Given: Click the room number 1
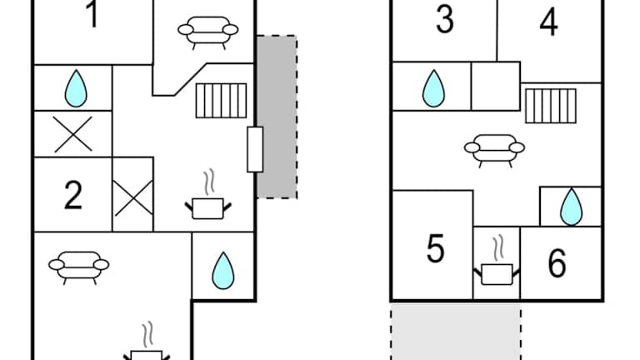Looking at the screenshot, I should tap(92, 15).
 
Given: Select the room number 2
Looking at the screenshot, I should tap(73, 195).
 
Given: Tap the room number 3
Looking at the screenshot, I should tap(445, 19).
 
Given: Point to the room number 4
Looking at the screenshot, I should tap(548, 22).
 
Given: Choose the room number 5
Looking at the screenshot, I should tap(435, 249).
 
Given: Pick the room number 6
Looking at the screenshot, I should tap(557, 263).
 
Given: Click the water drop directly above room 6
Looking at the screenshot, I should tap(571, 207).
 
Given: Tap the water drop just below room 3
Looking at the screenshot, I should tap(432, 87).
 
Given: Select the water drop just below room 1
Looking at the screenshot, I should tap(75, 87).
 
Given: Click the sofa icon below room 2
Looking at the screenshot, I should tap(79, 266).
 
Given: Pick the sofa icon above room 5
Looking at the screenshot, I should tap(495, 151).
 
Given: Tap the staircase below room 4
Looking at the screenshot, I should tap(551, 104).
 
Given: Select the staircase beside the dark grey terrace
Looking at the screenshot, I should tap(222, 101).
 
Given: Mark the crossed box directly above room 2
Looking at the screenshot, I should tap(72, 133).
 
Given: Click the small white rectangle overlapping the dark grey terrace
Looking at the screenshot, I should tap(255, 150).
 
